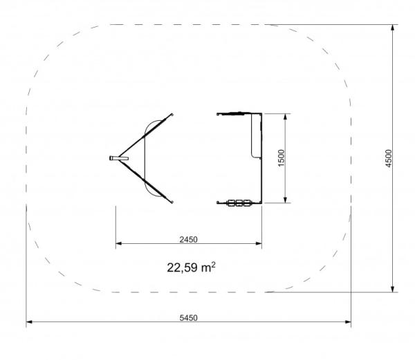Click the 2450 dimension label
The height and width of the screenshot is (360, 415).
[x=188, y=240]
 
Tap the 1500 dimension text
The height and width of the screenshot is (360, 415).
[x=282, y=158]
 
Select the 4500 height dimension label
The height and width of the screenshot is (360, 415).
[x=388, y=158]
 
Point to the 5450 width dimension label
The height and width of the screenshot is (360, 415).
[x=188, y=318]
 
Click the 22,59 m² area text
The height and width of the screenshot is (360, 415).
[x=191, y=267]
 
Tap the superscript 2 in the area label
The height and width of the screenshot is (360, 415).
[x=214, y=265]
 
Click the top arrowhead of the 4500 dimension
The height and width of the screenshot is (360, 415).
[x=393, y=28]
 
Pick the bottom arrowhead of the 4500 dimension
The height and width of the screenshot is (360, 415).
[x=393, y=289]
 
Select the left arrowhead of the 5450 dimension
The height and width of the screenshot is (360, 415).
[x=29, y=322]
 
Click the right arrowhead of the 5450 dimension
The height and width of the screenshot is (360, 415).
[x=348, y=322]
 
